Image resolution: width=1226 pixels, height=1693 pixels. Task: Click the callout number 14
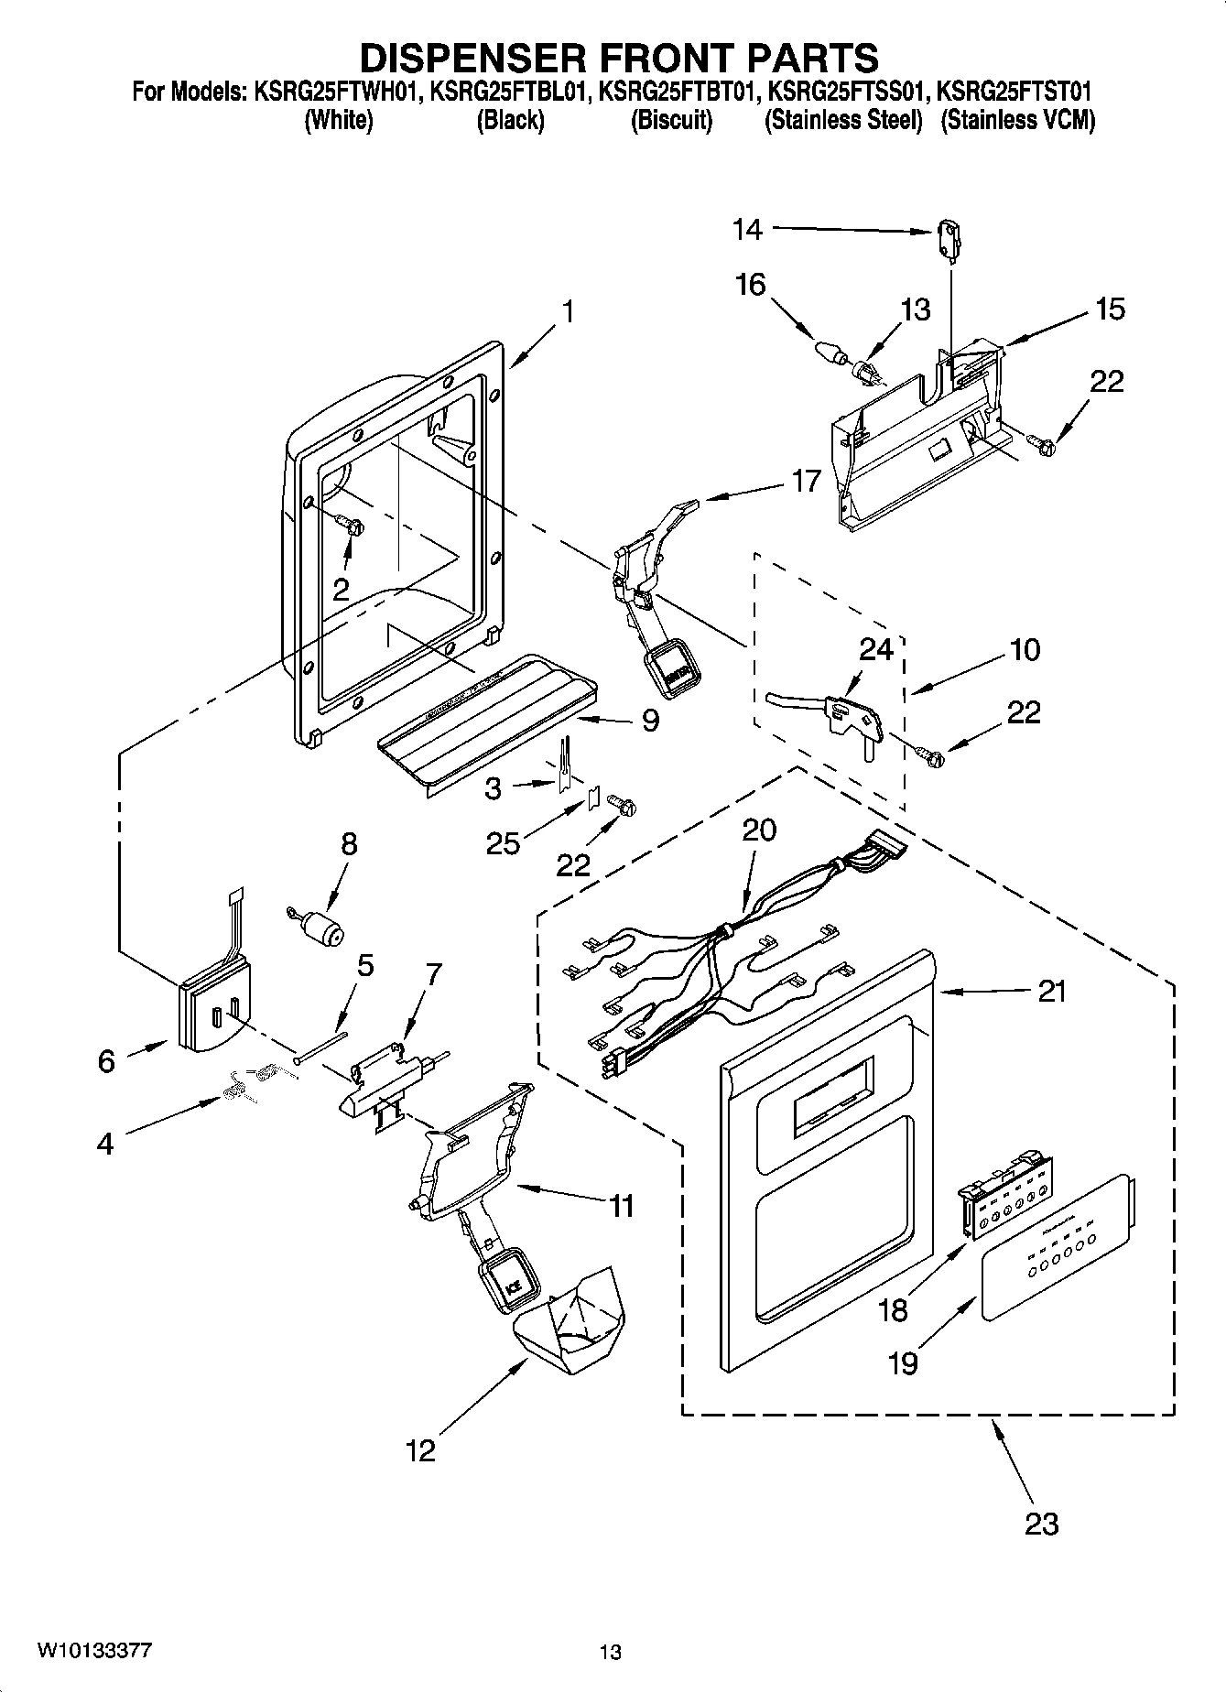[x=747, y=229]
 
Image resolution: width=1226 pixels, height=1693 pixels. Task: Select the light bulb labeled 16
[x=829, y=351]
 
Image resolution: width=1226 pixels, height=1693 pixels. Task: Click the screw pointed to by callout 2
[x=353, y=526]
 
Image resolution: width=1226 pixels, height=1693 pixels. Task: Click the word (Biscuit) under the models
[x=671, y=121]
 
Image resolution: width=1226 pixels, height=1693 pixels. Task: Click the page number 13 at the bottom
[x=611, y=1653]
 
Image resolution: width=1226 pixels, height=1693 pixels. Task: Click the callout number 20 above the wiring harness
[x=758, y=830]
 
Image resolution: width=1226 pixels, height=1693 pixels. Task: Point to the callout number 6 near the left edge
[x=106, y=1060]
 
